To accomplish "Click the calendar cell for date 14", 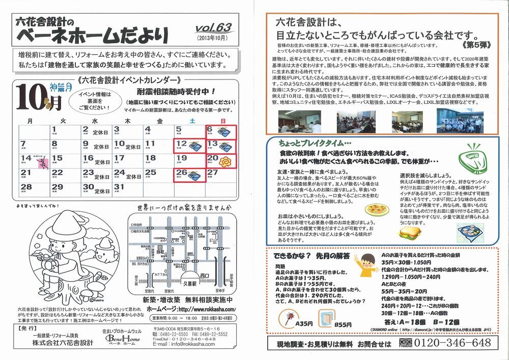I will tap(34, 161).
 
